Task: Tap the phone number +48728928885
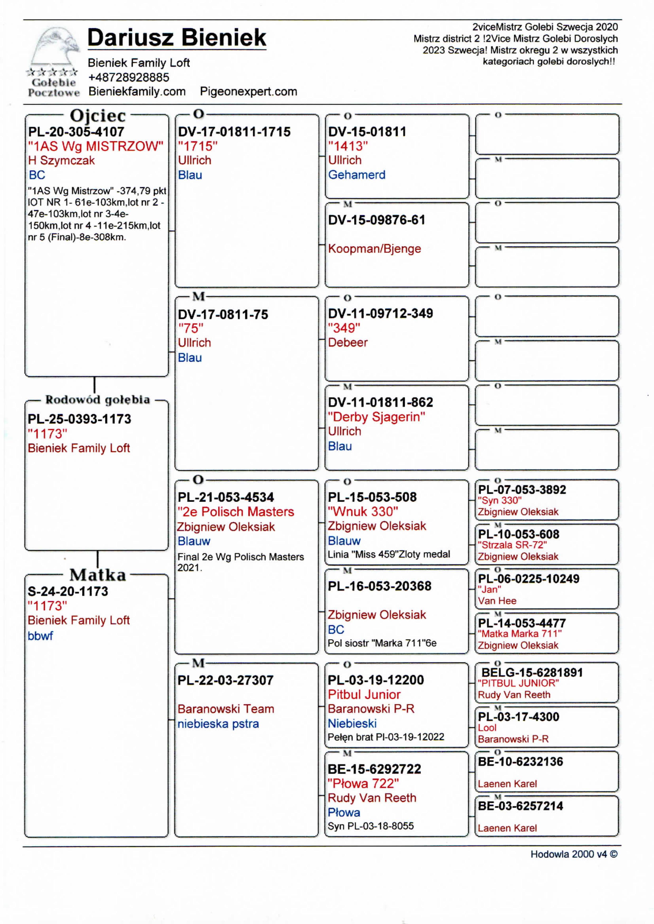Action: tap(128, 77)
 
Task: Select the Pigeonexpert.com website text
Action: tap(248, 91)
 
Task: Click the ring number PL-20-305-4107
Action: tap(76, 132)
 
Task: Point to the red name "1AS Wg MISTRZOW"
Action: tap(96, 146)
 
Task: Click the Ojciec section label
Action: tap(98, 115)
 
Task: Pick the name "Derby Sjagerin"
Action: tap(376, 417)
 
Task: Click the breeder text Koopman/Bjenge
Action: tap(374, 248)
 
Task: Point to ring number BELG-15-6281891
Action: tap(532, 672)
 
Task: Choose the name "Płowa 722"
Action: tap(363, 783)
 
